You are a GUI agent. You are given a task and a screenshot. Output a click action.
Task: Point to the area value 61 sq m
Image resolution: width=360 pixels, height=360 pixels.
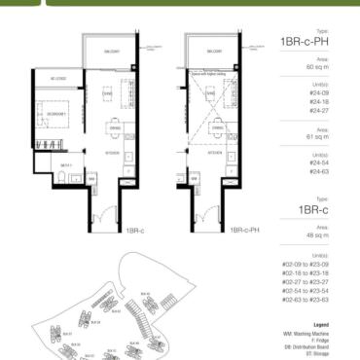pos(316,139)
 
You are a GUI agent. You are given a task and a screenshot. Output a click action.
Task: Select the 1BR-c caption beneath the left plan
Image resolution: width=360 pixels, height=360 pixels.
pos(135,232)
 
